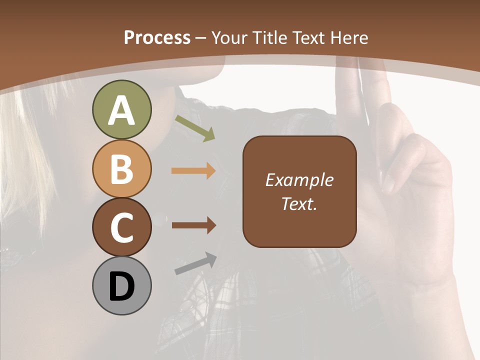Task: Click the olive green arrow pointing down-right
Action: pyautogui.click(x=195, y=128)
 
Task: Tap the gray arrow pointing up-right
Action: pyautogui.click(x=195, y=264)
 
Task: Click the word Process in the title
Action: pyautogui.click(x=157, y=37)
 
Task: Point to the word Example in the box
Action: pyautogui.click(x=299, y=180)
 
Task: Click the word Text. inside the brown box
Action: pyautogui.click(x=299, y=204)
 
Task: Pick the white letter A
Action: pyautogui.click(x=121, y=111)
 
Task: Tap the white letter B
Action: pyautogui.click(x=121, y=169)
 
